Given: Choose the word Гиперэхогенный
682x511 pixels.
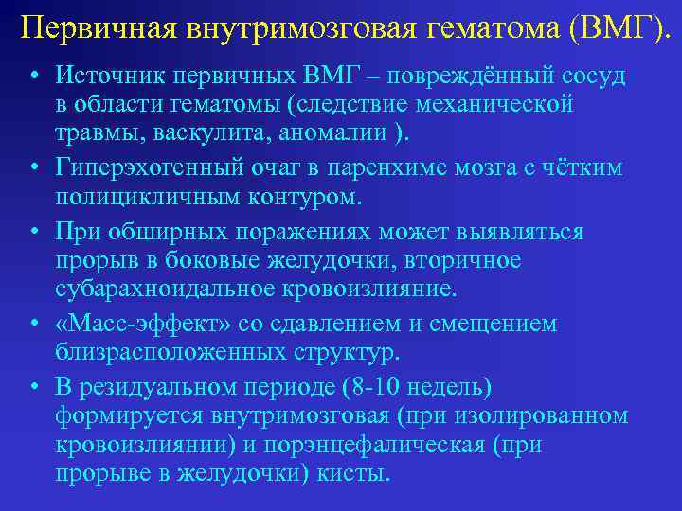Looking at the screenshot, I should [x=151, y=168].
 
